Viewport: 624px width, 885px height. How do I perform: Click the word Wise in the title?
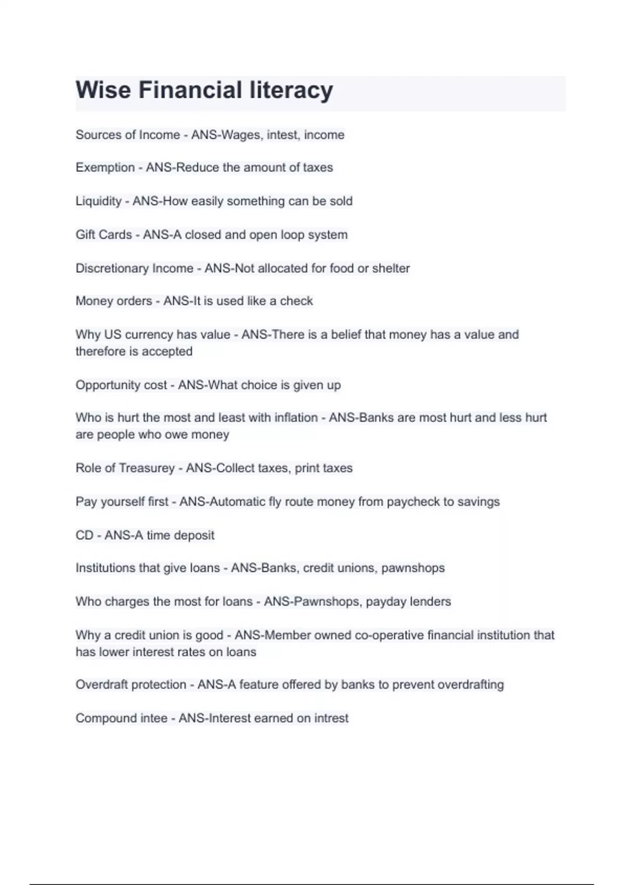point(103,90)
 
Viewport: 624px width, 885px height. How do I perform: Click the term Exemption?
point(105,168)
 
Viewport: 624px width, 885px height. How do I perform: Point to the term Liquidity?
point(98,201)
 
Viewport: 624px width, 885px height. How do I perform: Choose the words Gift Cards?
point(103,235)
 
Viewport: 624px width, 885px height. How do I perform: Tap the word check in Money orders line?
point(296,301)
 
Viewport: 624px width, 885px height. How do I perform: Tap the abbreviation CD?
point(84,535)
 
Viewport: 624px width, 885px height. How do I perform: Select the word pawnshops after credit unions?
point(413,568)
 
